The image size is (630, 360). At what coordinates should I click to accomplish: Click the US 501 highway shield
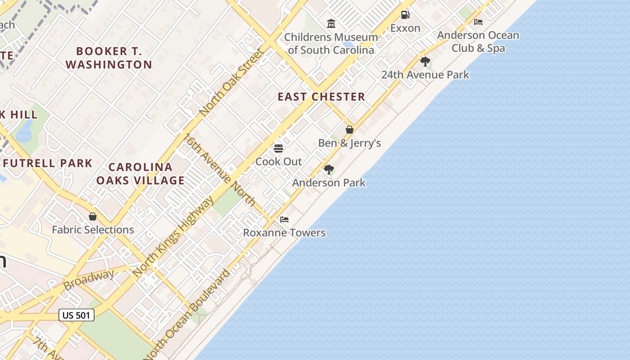pos(76,315)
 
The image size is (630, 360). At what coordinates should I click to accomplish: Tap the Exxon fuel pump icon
pos(405,15)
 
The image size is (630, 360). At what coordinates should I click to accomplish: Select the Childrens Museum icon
pos(331,23)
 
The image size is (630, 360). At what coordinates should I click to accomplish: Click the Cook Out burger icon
pos(279,148)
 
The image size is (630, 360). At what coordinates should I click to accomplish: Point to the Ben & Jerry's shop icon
pos(350,130)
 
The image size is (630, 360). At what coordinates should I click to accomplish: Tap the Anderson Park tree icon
pos(329,169)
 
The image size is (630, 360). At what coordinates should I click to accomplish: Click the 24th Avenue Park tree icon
pos(425,61)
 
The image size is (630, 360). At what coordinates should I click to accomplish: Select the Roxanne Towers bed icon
pos(284,220)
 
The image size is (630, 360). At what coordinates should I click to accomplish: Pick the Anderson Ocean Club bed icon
pos(478,22)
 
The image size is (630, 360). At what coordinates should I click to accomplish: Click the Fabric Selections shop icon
pos(93,216)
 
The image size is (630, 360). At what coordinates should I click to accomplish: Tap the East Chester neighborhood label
pos(321,97)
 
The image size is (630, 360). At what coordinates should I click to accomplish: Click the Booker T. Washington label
pos(109,58)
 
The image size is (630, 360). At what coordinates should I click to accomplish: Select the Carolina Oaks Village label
pos(140,174)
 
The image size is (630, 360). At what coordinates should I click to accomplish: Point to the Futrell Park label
pos(47,163)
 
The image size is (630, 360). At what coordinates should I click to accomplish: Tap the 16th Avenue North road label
pos(220,170)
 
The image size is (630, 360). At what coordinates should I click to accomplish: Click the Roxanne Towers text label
pos(284,233)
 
